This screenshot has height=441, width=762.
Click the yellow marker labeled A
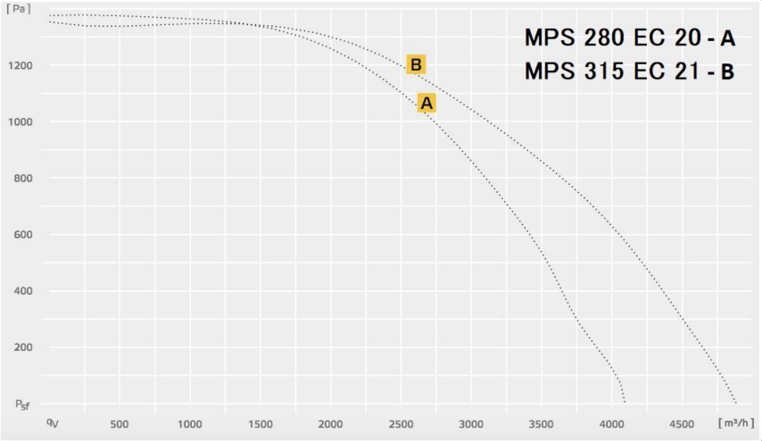(x=427, y=104)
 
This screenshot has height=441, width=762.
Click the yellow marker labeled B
(x=416, y=64)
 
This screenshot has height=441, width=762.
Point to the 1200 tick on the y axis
(x=21, y=66)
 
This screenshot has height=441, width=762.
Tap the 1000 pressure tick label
(x=21, y=122)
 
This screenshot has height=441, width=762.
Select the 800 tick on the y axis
(x=23, y=179)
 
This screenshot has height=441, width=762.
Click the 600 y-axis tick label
(x=23, y=235)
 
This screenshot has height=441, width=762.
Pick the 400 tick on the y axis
(x=23, y=291)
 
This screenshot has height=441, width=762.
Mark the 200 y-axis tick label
(x=23, y=347)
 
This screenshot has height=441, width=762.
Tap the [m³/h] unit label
(x=734, y=420)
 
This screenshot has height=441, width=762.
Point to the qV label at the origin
(x=54, y=420)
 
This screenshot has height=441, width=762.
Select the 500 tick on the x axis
(x=120, y=423)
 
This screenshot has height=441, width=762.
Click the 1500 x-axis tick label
(x=260, y=423)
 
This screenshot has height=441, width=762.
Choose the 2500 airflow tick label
(x=401, y=423)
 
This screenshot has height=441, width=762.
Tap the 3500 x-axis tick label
(x=542, y=423)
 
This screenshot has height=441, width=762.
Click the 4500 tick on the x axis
(x=682, y=423)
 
